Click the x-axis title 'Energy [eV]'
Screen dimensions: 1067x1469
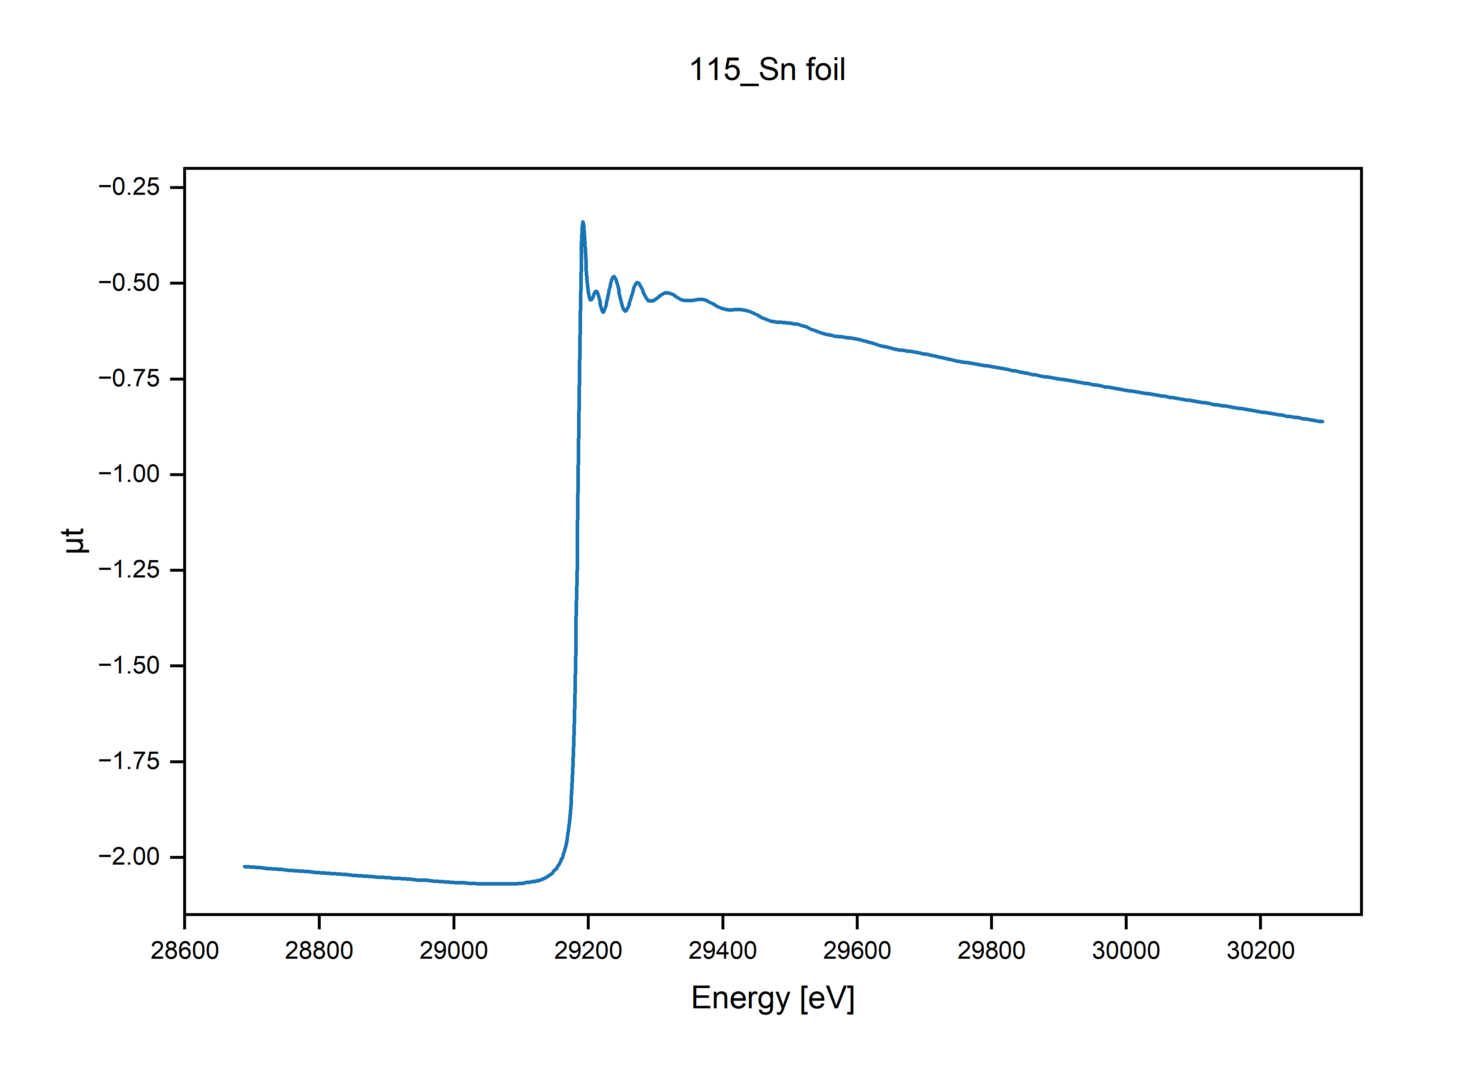pyautogui.click(x=773, y=998)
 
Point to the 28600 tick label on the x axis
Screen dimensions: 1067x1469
pyautogui.click(x=185, y=950)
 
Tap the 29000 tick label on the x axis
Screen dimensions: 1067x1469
pyautogui.click(x=453, y=950)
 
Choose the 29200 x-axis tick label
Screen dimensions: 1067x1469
pyautogui.click(x=588, y=950)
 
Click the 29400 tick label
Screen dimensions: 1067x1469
pyautogui.click(x=722, y=950)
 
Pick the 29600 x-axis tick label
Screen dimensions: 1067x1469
pyautogui.click(x=857, y=950)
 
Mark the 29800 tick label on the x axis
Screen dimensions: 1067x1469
pyautogui.click(x=991, y=950)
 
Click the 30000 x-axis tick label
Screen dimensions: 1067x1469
pyautogui.click(x=1126, y=950)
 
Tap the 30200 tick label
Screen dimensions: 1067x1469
pyautogui.click(x=1260, y=950)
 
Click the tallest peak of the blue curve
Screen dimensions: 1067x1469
pyautogui.click(x=583, y=222)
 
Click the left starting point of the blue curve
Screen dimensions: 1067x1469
pyautogui.click(x=244, y=866)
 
